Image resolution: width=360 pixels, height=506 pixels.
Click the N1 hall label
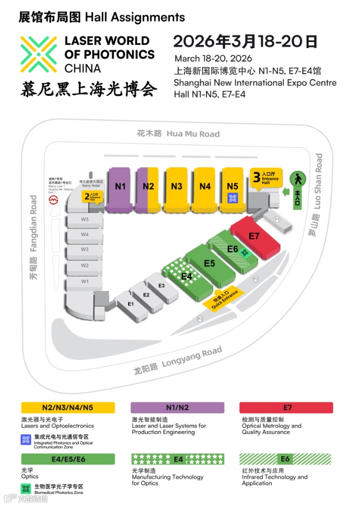click(120, 186)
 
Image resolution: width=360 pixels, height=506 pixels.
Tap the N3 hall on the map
click(176, 186)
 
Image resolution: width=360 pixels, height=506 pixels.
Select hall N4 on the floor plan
click(205, 186)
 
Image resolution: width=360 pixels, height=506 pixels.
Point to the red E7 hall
click(254, 236)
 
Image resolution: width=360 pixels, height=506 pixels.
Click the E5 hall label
click(209, 263)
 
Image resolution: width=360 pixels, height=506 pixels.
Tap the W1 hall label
click(84, 282)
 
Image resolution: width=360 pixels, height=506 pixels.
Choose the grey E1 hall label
click(131, 304)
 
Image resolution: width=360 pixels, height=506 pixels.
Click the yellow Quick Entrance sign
click(225, 298)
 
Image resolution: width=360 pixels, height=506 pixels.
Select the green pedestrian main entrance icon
click(298, 179)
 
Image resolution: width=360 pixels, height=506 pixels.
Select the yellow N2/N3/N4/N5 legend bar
click(68, 407)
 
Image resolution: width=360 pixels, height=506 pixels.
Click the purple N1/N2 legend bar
click(178, 407)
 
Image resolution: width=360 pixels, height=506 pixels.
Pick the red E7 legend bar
click(286, 407)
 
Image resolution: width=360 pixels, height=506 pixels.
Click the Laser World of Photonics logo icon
click(39, 54)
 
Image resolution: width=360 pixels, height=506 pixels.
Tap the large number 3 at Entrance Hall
click(256, 177)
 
